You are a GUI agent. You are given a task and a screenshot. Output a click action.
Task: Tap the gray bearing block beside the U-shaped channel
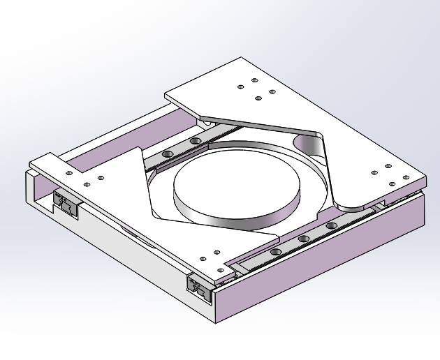(68, 205)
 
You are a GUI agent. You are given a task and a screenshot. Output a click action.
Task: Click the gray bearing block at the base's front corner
(200, 289)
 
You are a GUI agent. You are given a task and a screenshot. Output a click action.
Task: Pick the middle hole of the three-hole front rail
(303, 239)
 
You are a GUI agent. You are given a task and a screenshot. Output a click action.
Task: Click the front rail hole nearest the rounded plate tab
(332, 225)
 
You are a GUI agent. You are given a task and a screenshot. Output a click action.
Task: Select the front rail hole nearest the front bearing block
(275, 251)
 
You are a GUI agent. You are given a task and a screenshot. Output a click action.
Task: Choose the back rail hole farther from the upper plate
(167, 153)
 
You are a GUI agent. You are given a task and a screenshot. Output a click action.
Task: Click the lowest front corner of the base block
(216, 323)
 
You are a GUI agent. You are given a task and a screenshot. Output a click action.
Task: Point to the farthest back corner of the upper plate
(241, 58)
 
